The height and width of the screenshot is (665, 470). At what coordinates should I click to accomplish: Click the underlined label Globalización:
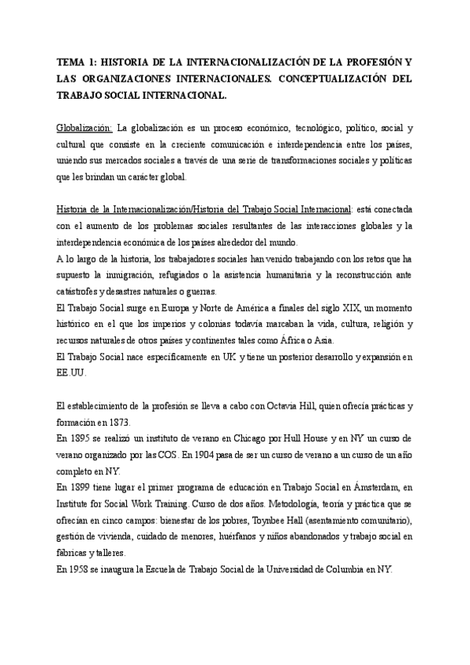pos(85,127)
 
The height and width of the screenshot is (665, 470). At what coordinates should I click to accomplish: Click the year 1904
pos(233,454)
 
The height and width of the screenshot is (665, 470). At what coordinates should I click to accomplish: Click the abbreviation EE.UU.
pos(70,375)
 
